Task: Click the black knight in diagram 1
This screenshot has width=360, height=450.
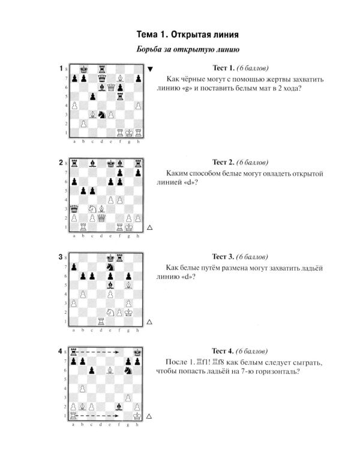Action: pyautogui.click(x=101, y=115)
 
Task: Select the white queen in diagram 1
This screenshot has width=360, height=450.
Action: pyautogui.click(x=111, y=87)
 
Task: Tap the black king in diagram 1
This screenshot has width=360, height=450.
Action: pyautogui.click(x=83, y=69)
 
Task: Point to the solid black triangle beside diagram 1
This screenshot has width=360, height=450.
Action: pyautogui.click(x=150, y=69)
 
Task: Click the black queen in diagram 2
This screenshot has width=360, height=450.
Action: pyautogui.click(x=74, y=209)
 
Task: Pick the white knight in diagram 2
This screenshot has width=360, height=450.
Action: pyautogui.click(x=92, y=209)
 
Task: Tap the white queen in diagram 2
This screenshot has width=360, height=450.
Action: pyautogui.click(x=101, y=218)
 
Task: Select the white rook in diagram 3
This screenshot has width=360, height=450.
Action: pyautogui.click(x=101, y=322)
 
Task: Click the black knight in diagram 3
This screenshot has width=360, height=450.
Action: pyautogui.click(x=110, y=267)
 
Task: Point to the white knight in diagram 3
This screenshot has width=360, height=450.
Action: pyautogui.click(x=110, y=312)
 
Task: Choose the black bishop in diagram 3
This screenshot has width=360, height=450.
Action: pyautogui.click(x=110, y=285)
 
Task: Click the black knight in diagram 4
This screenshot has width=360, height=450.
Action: pyautogui.click(x=128, y=371)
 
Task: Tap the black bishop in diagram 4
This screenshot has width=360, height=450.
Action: pyautogui.click(x=119, y=407)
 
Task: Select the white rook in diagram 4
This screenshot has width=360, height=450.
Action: pyautogui.click(x=73, y=416)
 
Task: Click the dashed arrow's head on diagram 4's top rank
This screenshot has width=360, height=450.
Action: pyautogui.click(x=117, y=352)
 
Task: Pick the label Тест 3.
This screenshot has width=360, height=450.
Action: pyautogui.click(x=223, y=256)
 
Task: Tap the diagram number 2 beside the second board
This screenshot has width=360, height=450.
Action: pyautogui.click(x=61, y=163)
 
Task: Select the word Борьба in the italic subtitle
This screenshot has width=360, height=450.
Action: pyautogui.click(x=149, y=49)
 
